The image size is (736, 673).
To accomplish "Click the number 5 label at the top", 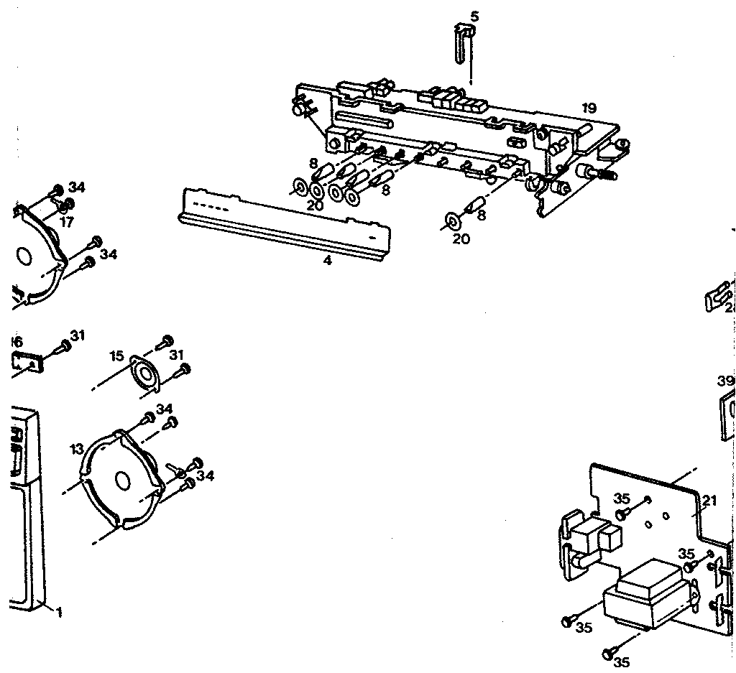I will (473, 16).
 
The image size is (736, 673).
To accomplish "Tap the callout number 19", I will (589, 108).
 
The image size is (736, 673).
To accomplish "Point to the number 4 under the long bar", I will (327, 261).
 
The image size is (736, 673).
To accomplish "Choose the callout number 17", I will (66, 223).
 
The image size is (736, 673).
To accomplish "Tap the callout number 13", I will (78, 449).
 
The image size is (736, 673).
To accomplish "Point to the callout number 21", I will (709, 501).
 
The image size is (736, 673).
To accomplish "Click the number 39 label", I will (725, 380).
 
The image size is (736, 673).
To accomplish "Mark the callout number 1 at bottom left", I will (59, 613).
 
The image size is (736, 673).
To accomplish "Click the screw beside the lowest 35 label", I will (609, 652).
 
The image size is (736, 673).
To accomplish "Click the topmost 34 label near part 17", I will (77, 188).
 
